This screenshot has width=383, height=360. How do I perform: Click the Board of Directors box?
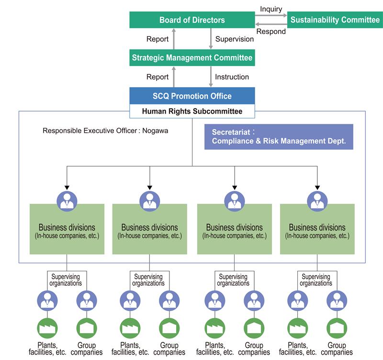(x=192, y=20)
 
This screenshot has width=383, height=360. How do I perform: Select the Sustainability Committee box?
(x=335, y=20)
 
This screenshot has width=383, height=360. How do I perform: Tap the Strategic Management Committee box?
(x=192, y=58)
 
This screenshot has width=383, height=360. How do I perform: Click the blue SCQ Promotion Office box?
(x=192, y=96)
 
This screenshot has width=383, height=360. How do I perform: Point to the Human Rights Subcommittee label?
(x=192, y=111)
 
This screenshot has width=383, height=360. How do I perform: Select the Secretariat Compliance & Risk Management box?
(x=279, y=137)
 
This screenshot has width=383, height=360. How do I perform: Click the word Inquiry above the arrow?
(x=271, y=9)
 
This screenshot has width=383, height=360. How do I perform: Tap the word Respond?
(x=271, y=32)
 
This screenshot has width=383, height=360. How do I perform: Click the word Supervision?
(x=235, y=39)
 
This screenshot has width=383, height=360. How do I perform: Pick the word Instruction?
(x=232, y=77)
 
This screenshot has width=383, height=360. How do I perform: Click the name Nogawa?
(x=155, y=130)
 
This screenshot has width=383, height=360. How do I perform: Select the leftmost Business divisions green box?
(x=67, y=229)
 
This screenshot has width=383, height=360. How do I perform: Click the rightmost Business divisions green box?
(x=317, y=229)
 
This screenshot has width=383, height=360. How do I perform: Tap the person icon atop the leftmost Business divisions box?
(x=67, y=201)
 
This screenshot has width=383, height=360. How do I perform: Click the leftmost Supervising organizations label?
(x=66, y=280)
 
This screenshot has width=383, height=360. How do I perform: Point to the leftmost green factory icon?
(x=47, y=328)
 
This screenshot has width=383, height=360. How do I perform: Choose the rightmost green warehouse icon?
(x=337, y=328)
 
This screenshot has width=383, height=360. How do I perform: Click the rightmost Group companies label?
(x=337, y=349)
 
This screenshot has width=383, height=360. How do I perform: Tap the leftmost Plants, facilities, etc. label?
(x=47, y=349)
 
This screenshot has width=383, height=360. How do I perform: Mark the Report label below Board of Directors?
(x=158, y=39)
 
